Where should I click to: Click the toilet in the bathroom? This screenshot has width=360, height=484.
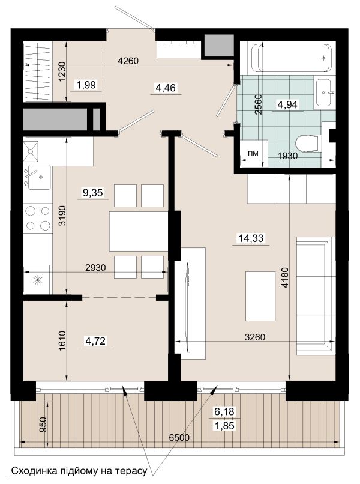[x=307, y=144]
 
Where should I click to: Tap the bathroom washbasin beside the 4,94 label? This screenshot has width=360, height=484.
[x=323, y=92]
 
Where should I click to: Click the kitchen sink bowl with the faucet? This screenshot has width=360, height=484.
[x=39, y=177]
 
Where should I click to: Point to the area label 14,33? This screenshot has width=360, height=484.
[x=251, y=238]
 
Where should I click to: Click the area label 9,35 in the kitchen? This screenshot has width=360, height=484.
[x=92, y=193]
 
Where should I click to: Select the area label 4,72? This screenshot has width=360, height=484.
[x=95, y=341]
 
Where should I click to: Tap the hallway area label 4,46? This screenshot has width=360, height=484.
[x=166, y=88]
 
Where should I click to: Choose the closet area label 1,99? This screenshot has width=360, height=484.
[x=86, y=85]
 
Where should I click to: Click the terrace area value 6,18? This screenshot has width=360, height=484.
[x=224, y=411]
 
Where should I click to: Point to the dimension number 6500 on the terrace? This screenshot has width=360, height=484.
[x=179, y=437]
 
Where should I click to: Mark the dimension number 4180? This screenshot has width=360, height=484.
[x=285, y=278]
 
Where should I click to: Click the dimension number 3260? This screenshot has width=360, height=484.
[x=255, y=337]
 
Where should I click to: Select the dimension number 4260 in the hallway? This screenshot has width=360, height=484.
[x=128, y=61]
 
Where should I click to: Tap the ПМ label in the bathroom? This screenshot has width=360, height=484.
[x=253, y=153]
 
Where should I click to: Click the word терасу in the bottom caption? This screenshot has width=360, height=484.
[x=131, y=471]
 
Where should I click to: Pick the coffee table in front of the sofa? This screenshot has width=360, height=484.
[x=260, y=296]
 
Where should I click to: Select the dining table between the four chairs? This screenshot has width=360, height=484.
[x=139, y=231]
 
